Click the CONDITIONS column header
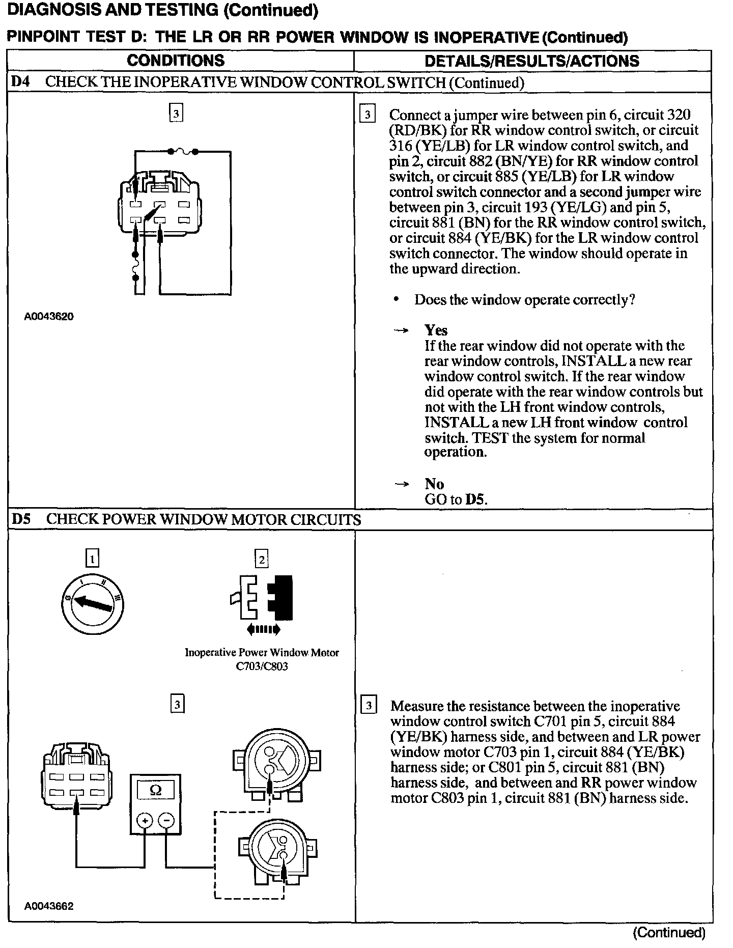click(x=176, y=61)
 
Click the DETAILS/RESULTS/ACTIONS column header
click(x=532, y=61)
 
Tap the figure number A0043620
click(x=49, y=317)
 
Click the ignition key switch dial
click(x=92, y=604)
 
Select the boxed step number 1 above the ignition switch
click(x=92, y=559)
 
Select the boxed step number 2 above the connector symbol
click(x=261, y=560)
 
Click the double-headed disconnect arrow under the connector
click(x=263, y=630)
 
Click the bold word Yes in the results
click(x=436, y=330)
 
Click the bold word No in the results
click(x=434, y=484)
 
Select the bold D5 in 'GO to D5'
click(x=475, y=499)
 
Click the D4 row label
click(x=21, y=82)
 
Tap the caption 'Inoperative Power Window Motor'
click(x=262, y=653)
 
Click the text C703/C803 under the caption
click(x=262, y=666)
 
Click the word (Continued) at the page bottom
click(x=669, y=933)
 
